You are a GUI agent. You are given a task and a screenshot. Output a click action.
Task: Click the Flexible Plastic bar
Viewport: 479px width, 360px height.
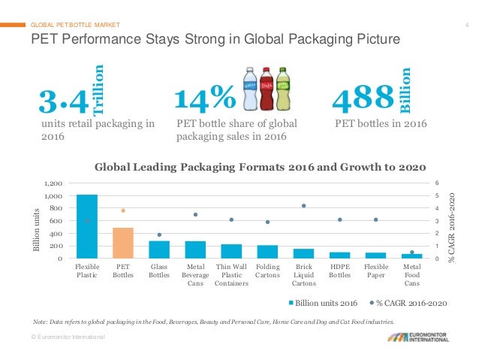click(x=87, y=226)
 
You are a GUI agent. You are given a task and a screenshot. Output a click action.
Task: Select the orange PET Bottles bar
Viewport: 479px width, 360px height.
click(x=123, y=243)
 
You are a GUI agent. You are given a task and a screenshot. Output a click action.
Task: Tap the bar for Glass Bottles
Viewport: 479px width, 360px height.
click(x=159, y=250)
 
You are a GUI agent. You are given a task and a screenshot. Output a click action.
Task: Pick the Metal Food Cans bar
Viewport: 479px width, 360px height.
click(x=411, y=256)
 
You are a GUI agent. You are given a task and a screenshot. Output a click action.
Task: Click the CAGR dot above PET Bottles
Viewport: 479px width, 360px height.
click(x=123, y=210)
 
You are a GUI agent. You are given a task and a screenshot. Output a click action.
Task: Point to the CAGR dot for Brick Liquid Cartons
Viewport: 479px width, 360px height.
click(x=303, y=205)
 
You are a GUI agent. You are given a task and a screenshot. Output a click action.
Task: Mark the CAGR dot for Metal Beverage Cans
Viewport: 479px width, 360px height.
click(x=195, y=214)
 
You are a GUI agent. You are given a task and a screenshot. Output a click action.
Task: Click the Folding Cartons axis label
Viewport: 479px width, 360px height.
click(x=267, y=271)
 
